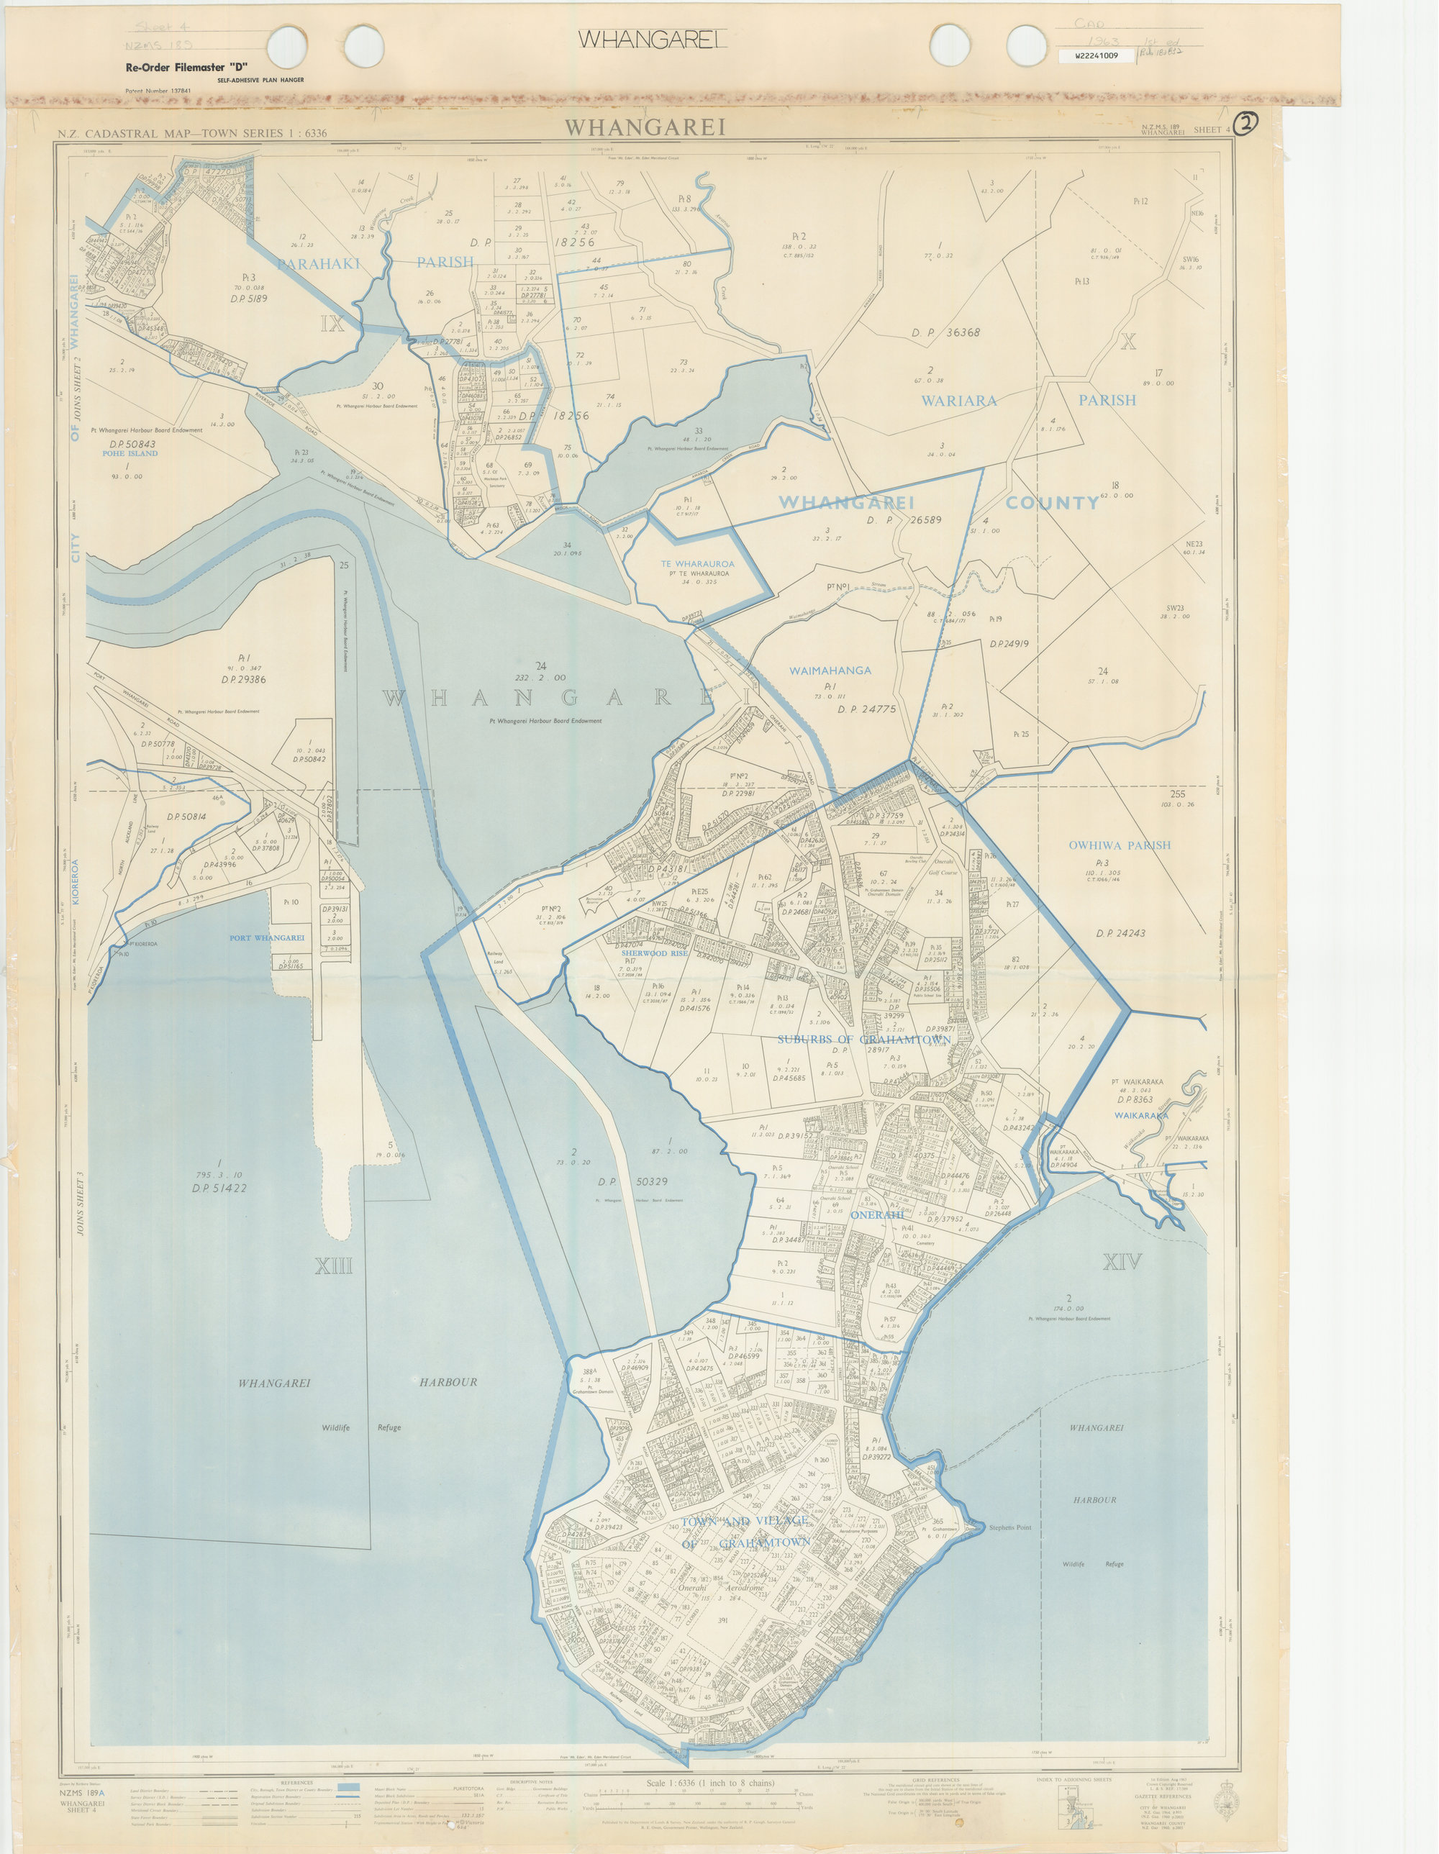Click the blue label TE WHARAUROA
pyautogui.click(x=697, y=563)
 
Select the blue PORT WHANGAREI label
pyautogui.click(x=267, y=938)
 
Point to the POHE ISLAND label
pyautogui.click(x=131, y=453)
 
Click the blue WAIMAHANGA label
pyautogui.click(x=830, y=671)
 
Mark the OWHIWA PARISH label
pyautogui.click(x=1119, y=845)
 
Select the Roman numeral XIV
pyautogui.click(x=1122, y=1263)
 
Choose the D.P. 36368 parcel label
pyautogui.click(x=945, y=333)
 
